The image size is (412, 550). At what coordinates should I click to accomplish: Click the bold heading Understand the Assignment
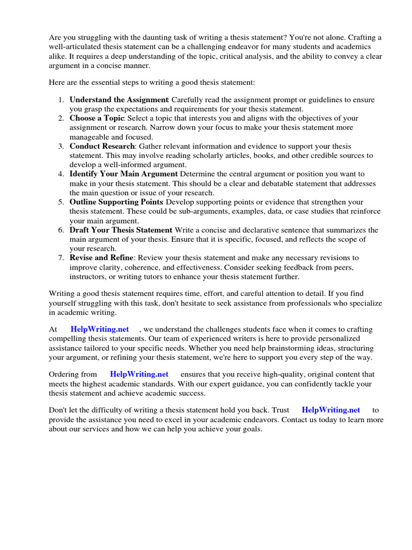(119, 100)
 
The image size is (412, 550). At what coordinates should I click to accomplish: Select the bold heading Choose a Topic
(97, 118)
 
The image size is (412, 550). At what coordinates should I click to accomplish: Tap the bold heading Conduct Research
(102, 146)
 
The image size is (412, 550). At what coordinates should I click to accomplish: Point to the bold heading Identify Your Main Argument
(123, 174)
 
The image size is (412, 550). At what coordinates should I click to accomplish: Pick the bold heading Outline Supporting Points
(116, 202)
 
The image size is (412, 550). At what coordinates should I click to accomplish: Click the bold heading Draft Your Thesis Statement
(121, 230)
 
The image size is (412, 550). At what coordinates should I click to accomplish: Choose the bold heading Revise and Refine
(101, 258)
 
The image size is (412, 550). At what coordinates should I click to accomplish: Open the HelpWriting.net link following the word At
(100, 329)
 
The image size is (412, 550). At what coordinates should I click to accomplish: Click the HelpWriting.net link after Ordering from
(139, 374)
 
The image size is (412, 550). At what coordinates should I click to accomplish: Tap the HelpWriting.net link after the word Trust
(331, 410)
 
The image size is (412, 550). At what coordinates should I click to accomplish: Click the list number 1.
(61, 100)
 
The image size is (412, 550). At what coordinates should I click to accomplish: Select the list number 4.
(61, 174)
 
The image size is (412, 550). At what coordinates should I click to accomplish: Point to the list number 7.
(61, 258)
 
